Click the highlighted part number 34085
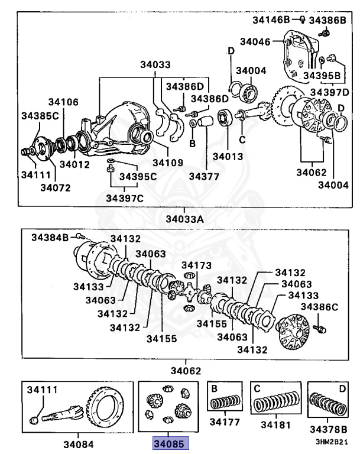point(171,442)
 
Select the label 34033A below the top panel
point(184,219)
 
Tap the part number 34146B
point(271,20)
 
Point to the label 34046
point(255,41)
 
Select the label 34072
point(56,188)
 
